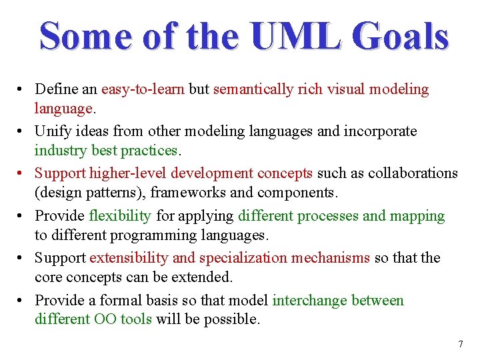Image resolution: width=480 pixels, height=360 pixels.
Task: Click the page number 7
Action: coord(460,345)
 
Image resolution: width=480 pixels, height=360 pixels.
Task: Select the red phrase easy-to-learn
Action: coord(143,89)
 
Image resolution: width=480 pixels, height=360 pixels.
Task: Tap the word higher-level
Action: coord(129,173)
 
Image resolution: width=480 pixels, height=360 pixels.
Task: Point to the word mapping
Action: coord(418,216)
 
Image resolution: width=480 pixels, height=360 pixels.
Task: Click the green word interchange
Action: coord(310,301)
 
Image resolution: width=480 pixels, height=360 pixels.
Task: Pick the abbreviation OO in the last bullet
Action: coord(105,319)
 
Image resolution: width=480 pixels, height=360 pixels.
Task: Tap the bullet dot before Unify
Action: coord(22,132)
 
